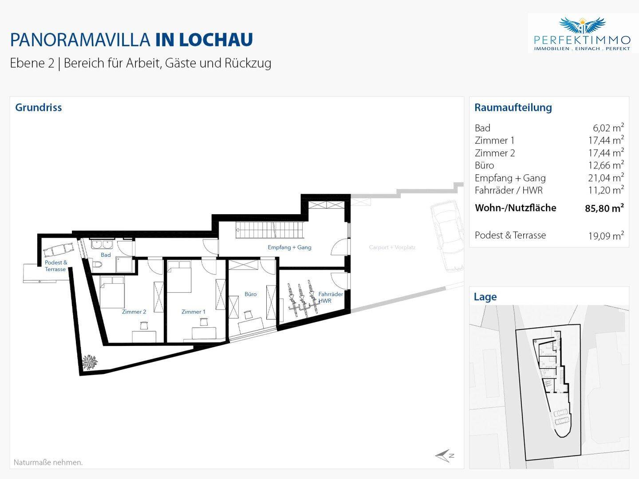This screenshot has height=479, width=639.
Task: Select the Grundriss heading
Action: click(39, 107)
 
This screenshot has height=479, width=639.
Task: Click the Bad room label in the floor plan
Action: click(106, 255)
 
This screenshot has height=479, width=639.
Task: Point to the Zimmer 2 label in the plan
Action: click(134, 312)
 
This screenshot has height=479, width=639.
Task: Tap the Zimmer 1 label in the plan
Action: click(193, 312)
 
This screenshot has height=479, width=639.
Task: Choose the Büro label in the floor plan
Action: click(250, 294)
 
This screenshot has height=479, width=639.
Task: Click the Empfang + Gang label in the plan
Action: click(289, 247)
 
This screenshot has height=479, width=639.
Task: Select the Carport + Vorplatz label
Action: click(392, 247)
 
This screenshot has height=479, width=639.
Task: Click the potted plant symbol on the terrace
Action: click(89, 362)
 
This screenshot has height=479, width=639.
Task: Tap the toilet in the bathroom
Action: click(98, 264)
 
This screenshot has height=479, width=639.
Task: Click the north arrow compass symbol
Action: click(444, 456)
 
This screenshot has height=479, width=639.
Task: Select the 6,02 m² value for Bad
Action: click(608, 128)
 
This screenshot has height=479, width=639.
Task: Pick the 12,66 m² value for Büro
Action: click(606, 165)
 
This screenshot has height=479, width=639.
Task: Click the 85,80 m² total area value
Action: click(604, 208)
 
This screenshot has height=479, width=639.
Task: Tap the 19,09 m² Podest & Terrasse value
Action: click(606, 236)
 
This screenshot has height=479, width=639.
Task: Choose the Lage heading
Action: click(485, 297)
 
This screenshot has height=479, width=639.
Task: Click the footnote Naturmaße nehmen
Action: click(48, 462)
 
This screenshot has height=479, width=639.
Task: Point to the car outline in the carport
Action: click(447, 236)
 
